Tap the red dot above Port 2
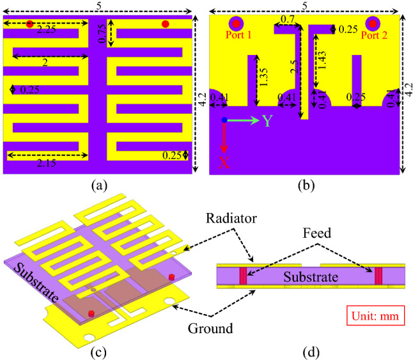point(371,24)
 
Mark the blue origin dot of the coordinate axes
point(224,120)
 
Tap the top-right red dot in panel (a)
point(166,24)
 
